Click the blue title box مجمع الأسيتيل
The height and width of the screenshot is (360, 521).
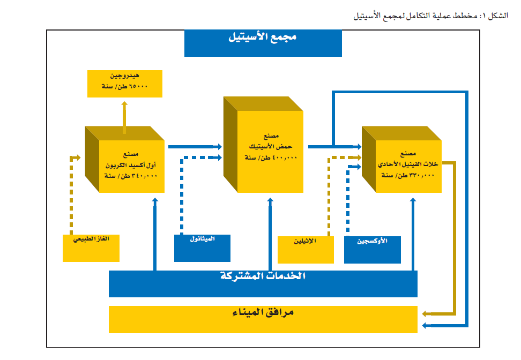263,43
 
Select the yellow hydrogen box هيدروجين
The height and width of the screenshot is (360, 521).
124,82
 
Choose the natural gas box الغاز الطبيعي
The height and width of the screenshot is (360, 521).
91,247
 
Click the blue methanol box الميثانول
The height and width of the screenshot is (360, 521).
202,247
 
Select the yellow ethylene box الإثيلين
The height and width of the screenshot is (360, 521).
306,249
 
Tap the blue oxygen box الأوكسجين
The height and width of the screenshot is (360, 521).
372,249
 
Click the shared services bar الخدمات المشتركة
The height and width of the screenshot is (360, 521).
263,283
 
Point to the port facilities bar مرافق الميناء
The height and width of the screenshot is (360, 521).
263,319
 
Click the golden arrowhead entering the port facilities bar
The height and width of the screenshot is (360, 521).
426,313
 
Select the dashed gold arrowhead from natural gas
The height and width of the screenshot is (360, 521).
77,157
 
